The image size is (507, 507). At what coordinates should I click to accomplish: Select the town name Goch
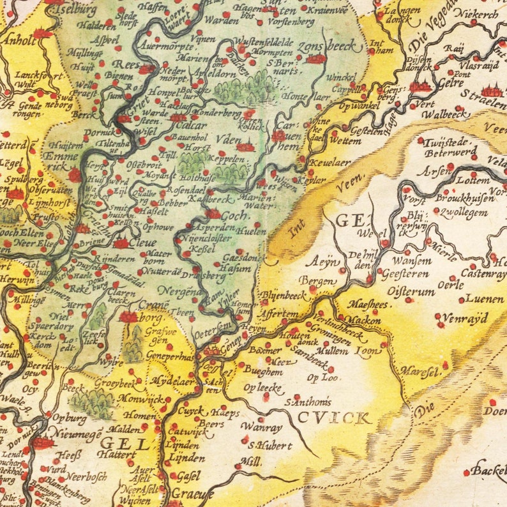tap(234, 216)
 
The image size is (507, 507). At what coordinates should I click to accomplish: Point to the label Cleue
tap(144, 243)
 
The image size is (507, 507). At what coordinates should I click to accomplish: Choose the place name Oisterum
tap(412, 291)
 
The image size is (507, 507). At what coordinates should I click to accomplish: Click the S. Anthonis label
tap(308, 402)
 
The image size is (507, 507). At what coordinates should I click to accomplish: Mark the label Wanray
tap(261, 427)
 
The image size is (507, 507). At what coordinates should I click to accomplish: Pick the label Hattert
tap(117, 454)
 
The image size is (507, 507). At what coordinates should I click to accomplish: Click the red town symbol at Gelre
tap(421, 87)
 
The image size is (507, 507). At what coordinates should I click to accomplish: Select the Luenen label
tap(481, 298)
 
